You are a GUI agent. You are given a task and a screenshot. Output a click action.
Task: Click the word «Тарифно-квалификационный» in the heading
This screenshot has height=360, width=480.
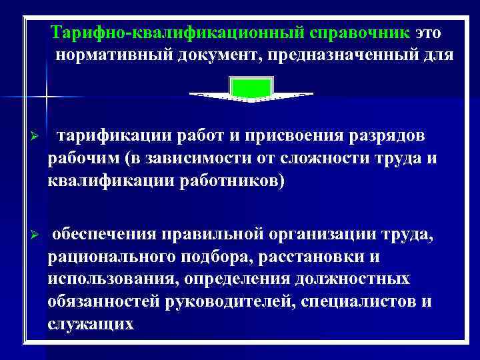178,33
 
